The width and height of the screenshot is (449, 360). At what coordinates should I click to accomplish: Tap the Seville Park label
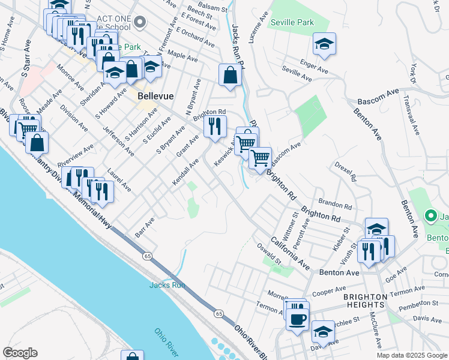[x=292, y=23]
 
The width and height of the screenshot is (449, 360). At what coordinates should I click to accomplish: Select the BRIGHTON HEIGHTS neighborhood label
[x=369, y=302]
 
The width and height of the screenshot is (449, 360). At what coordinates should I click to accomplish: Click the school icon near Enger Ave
[x=324, y=44]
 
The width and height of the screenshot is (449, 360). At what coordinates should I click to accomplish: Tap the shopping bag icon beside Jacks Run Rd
[x=230, y=76]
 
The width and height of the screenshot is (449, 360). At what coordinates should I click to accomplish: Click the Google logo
[x=20, y=353]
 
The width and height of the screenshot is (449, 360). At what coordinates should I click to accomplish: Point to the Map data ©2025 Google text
[x=411, y=355]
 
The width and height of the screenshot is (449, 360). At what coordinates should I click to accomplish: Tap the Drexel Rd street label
[x=346, y=170]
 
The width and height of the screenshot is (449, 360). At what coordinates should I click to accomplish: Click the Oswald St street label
[x=270, y=254]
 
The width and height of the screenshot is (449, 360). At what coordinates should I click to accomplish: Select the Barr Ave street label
[x=145, y=227]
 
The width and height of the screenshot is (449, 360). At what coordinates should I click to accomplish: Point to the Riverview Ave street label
[x=76, y=155]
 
